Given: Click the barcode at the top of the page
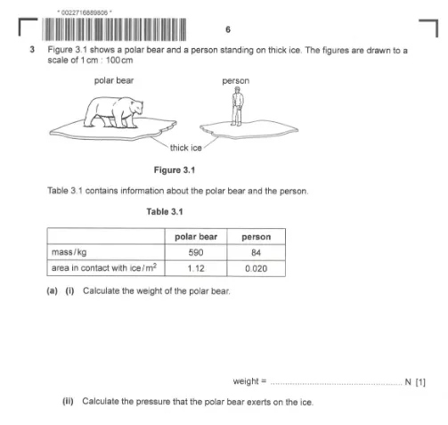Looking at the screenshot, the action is click(114, 29).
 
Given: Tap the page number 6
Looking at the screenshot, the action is click(228, 29).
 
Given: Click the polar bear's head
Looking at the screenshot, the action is click(135, 107).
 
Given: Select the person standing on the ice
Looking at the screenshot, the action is click(237, 106).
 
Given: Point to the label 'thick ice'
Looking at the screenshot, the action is click(186, 148).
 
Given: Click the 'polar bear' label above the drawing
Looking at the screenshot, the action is click(114, 80).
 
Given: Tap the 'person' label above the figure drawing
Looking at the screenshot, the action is click(236, 81).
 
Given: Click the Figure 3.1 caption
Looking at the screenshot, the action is click(175, 170).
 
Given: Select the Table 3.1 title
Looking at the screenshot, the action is click(165, 211).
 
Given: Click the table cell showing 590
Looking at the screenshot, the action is click(196, 252).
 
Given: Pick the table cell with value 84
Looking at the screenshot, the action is click(257, 252).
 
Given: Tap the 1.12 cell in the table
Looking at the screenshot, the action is click(196, 268).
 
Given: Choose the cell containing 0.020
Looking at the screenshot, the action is click(257, 268).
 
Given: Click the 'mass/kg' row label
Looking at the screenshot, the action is click(69, 252).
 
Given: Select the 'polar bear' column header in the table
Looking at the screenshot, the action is click(196, 237).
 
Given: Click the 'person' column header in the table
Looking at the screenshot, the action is click(257, 237).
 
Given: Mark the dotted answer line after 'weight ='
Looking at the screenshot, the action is click(337, 384).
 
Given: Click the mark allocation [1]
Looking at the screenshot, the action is click(420, 382).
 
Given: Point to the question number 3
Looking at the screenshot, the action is click(32, 50).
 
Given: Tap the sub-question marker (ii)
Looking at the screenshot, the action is click(68, 402).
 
